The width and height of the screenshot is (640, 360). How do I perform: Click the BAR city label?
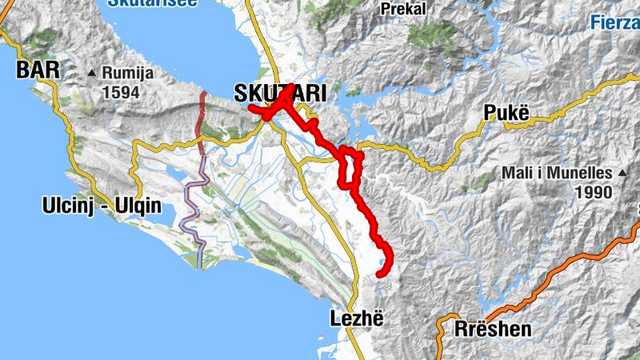(x=38, y=70)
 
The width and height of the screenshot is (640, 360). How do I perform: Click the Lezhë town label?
(x=351, y=318)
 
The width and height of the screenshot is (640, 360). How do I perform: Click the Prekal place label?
(x=403, y=10)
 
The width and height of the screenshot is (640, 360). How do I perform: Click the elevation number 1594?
(x=120, y=92)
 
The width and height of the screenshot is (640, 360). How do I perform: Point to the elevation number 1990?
(x=592, y=192)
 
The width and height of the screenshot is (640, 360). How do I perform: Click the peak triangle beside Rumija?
(x=93, y=74)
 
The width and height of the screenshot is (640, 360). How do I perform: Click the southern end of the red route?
(x=379, y=274)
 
